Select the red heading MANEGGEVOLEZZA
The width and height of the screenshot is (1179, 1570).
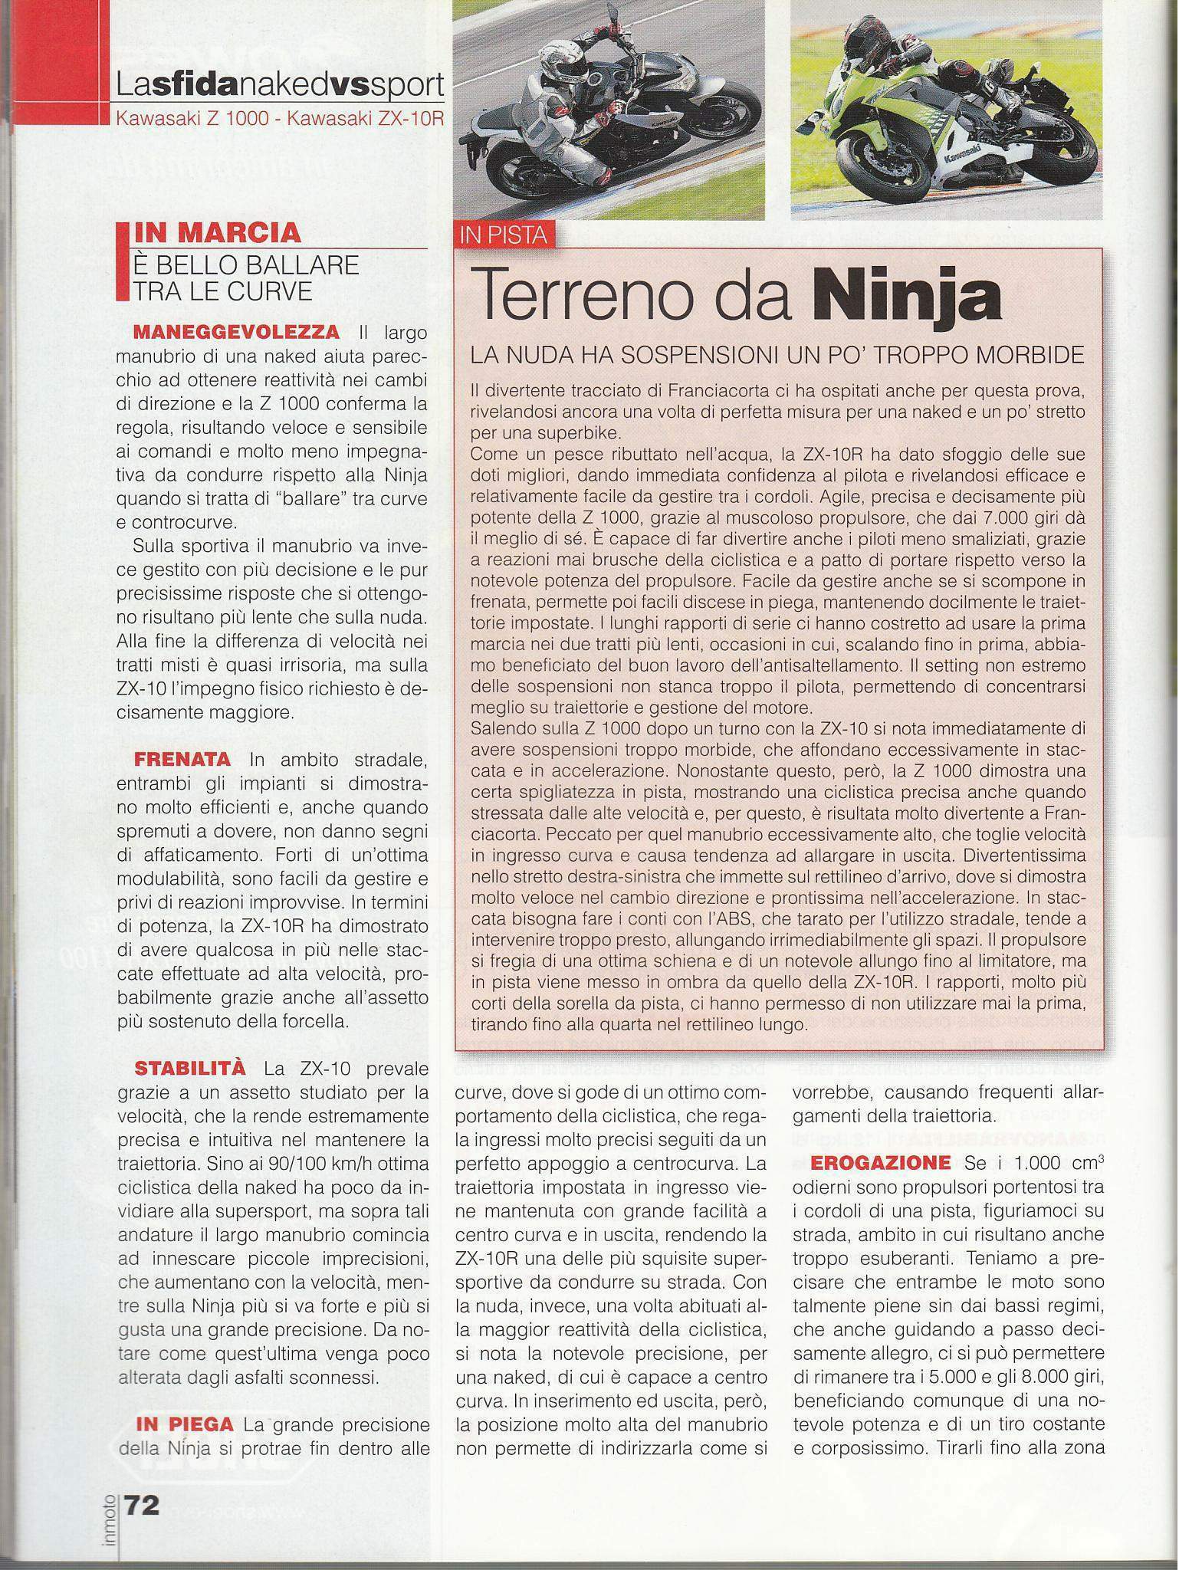click(x=236, y=333)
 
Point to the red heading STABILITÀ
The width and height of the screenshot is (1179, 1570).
click(x=190, y=1068)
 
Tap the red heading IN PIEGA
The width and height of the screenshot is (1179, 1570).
click(x=185, y=1424)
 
